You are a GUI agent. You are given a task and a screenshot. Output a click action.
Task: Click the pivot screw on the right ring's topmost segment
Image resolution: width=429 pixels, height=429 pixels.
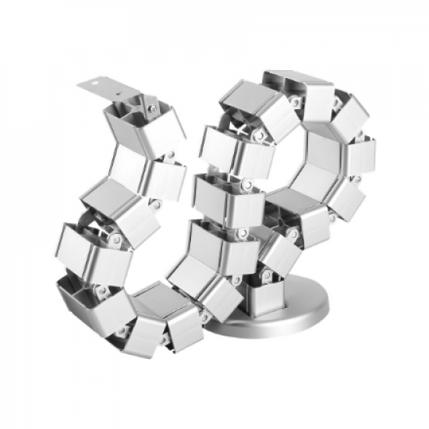click(296, 100)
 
